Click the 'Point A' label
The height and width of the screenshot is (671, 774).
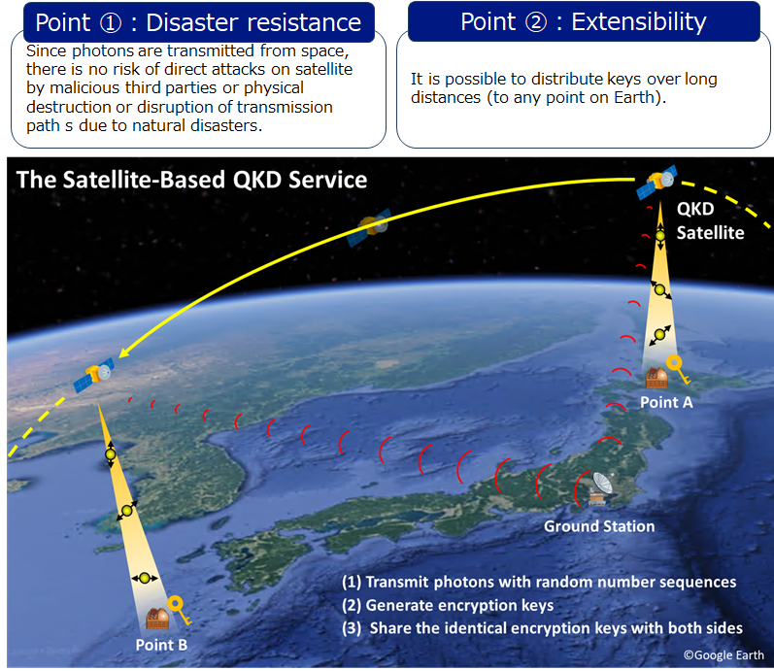tap(666, 402)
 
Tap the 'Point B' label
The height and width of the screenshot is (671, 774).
tap(161, 645)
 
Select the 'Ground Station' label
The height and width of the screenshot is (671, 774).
tap(599, 526)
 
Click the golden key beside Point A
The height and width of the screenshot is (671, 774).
tap(678, 369)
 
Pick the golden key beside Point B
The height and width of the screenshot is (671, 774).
tap(179, 610)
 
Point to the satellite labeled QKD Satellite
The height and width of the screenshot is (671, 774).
tap(657, 182)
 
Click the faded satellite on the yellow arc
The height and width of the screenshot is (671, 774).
tap(369, 227)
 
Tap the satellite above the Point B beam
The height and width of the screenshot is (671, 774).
tap(94, 375)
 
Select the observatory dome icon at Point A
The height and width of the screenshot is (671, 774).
tap(656, 378)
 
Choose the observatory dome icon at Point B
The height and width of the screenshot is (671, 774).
tap(157, 619)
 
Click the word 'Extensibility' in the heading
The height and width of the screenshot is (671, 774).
tap(639, 22)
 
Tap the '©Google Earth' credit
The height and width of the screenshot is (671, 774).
tap(724, 655)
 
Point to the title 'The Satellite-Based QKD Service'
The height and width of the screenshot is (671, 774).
tap(192, 180)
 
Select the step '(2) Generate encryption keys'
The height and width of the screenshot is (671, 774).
tap(448, 605)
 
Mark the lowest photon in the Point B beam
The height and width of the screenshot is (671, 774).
tap(145, 578)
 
